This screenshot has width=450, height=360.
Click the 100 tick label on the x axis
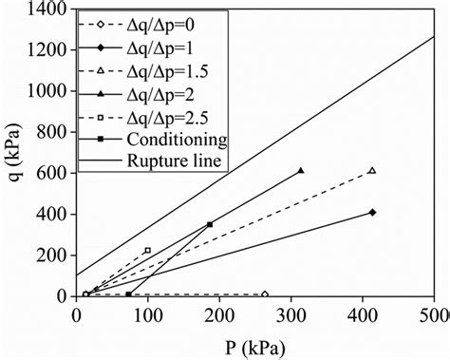click(147, 313)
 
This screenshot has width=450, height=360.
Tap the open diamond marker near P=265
click(265, 294)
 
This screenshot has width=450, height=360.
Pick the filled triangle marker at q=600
click(301, 171)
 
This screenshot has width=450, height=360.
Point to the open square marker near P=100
click(147, 250)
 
